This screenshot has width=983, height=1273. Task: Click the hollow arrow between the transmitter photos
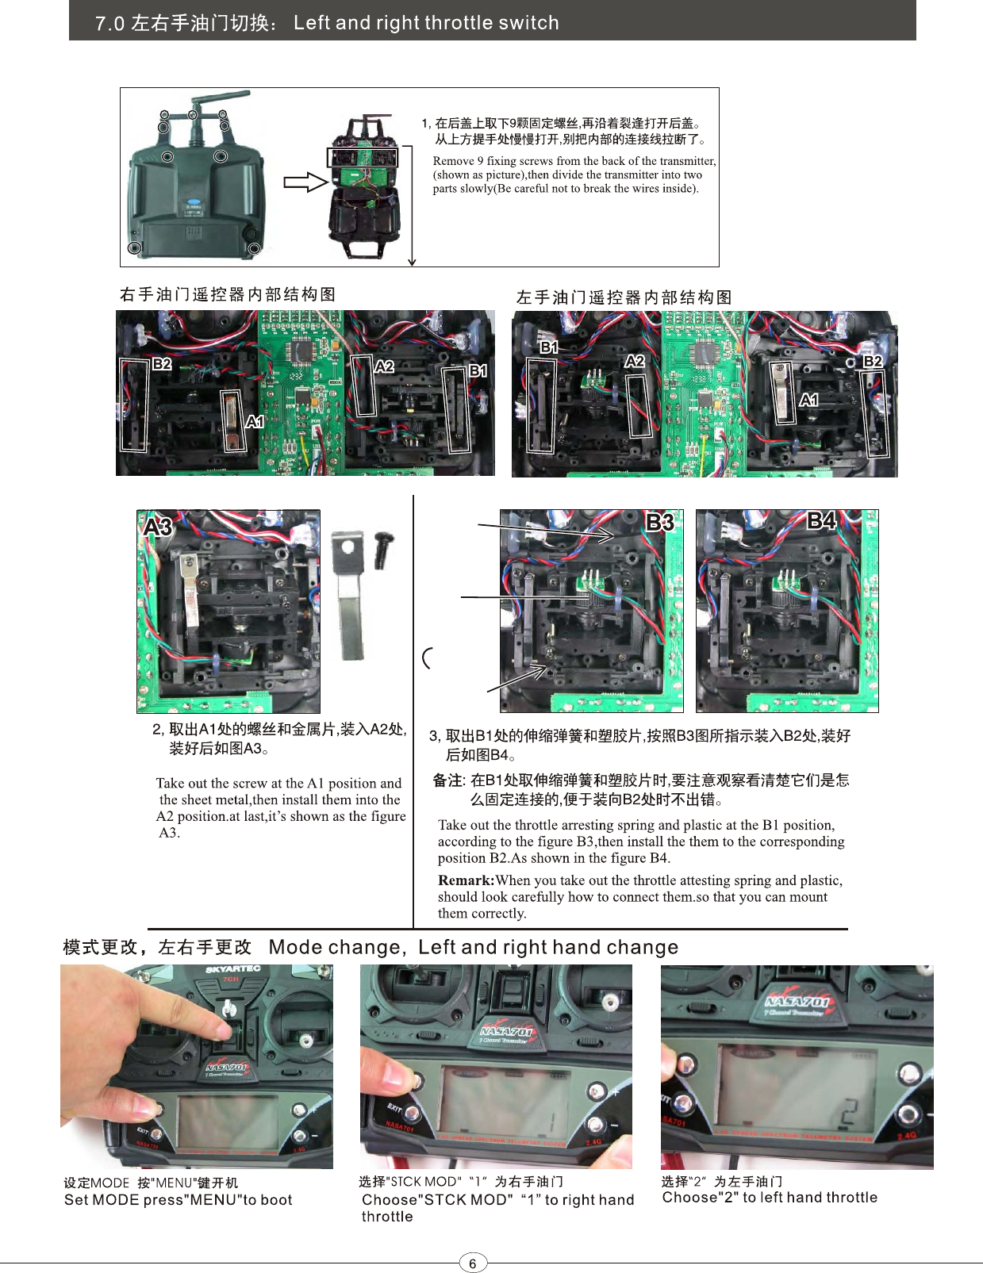pyautogui.click(x=305, y=182)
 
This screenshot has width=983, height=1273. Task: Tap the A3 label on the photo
pyautogui.click(x=158, y=527)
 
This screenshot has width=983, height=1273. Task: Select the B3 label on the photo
pyautogui.click(x=660, y=521)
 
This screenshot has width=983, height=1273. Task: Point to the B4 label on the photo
pyautogui.click(x=821, y=521)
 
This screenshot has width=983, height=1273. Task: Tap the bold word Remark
pyautogui.click(x=466, y=880)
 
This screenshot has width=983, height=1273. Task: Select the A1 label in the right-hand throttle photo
pyautogui.click(x=255, y=422)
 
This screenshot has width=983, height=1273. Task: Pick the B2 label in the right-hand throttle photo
pyautogui.click(x=163, y=364)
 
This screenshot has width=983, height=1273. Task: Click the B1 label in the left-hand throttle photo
pyautogui.click(x=549, y=347)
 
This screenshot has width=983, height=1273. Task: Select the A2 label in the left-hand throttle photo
pyautogui.click(x=635, y=362)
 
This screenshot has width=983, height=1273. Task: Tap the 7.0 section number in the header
pyautogui.click(x=109, y=24)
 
